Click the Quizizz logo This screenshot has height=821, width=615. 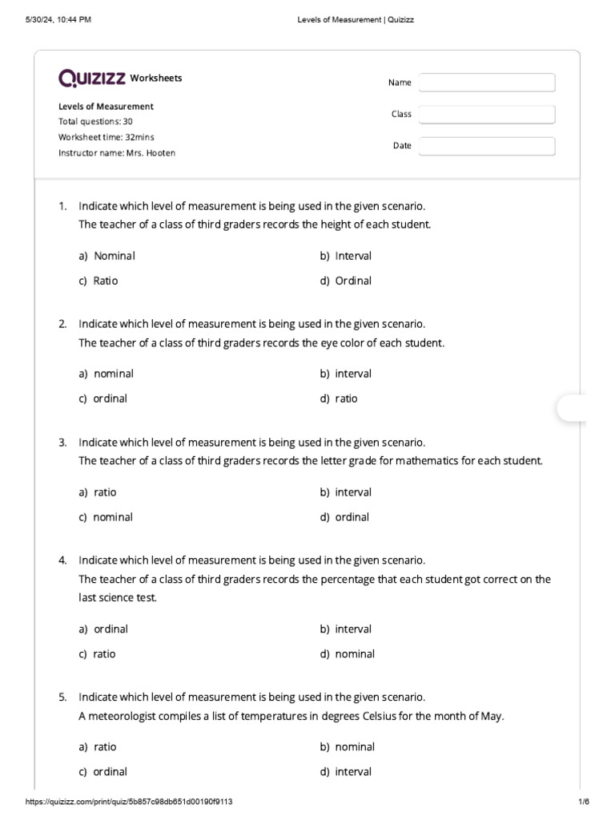pyautogui.click(x=91, y=78)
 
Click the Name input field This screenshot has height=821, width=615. pyautogui.click(x=486, y=83)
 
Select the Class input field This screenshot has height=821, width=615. pyautogui.click(x=486, y=115)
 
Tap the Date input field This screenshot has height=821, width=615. pyautogui.click(x=486, y=146)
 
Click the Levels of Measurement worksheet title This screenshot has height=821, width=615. pyautogui.click(x=106, y=107)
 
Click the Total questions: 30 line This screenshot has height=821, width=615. pyautogui.click(x=95, y=122)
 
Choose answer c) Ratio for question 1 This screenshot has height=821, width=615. pyautogui.click(x=98, y=281)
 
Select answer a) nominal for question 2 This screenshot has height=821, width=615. pyautogui.click(x=107, y=374)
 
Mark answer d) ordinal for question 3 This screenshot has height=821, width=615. pyautogui.click(x=345, y=517)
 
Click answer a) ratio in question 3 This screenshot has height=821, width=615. pyautogui.click(x=98, y=492)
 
